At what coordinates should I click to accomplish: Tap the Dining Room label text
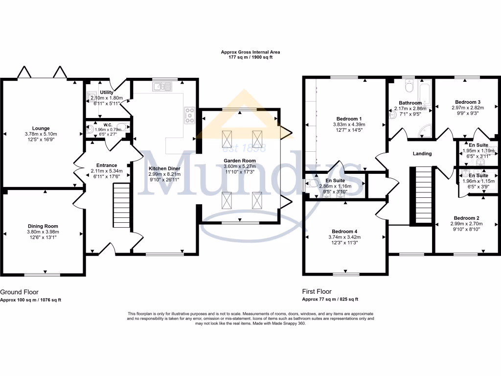pyautogui.click(x=44, y=226)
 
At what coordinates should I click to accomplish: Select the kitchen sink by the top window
pyautogui.click(x=161, y=87)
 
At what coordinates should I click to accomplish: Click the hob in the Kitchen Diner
pyautogui.click(x=190, y=116)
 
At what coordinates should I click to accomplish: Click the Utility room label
pyautogui.click(x=106, y=92)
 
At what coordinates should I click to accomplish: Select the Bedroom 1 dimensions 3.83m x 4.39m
pyautogui.click(x=349, y=124)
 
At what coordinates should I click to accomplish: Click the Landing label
pyautogui.click(x=422, y=154)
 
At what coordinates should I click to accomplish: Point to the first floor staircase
pyautogui.click(x=421, y=194)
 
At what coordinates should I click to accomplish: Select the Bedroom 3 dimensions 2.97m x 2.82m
pyautogui.click(x=467, y=108)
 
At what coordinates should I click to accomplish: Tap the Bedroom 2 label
pyautogui.click(x=466, y=218)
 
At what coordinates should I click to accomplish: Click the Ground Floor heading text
pyautogui.click(x=19, y=292)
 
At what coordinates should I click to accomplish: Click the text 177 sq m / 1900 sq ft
pyautogui.click(x=250, y=57)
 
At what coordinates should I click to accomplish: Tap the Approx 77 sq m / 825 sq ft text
pyautogui.click(x=330, y=299)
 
